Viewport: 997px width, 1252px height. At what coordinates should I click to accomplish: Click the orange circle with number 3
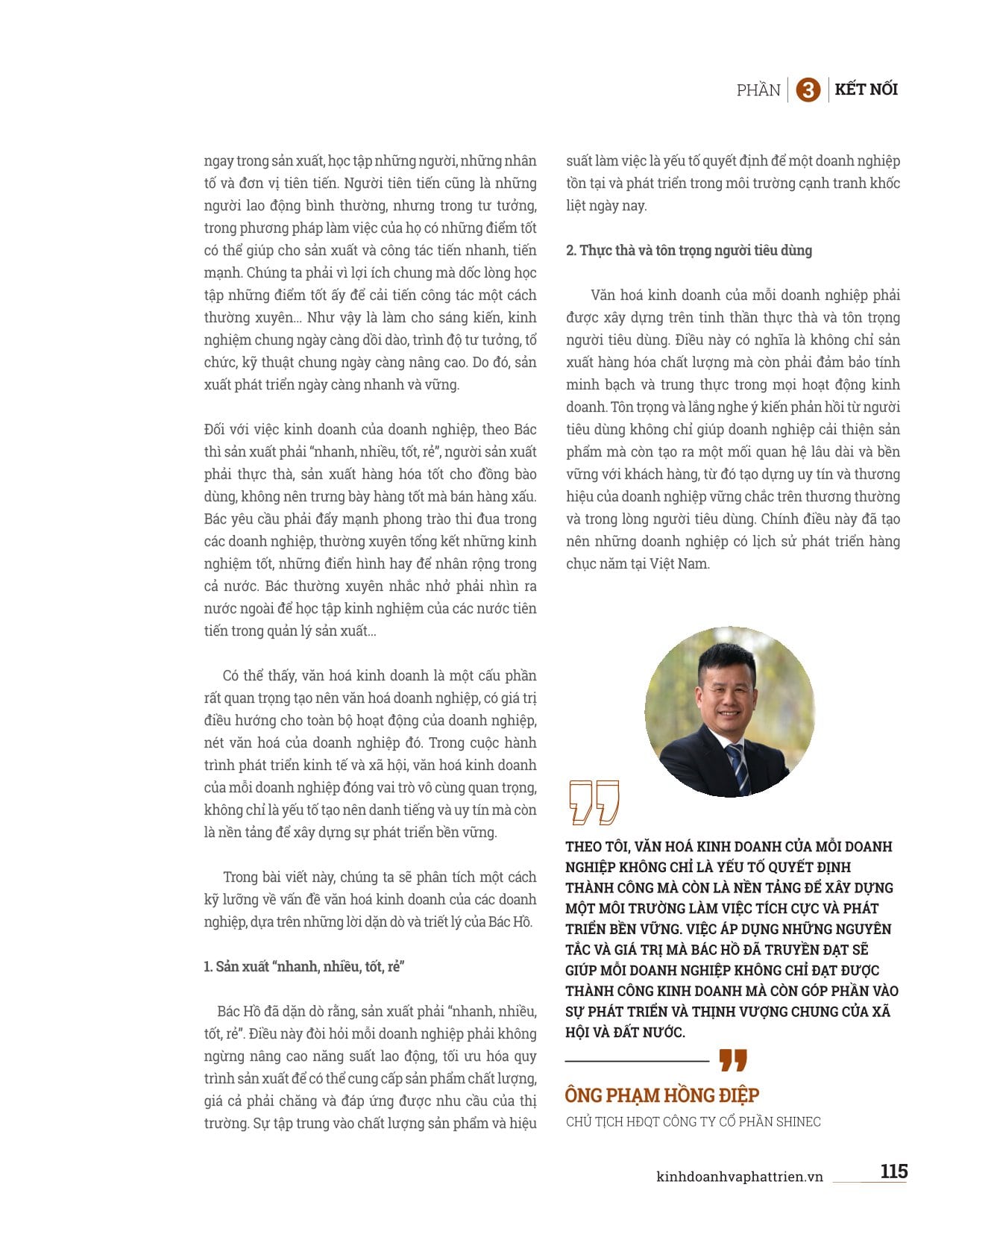(808, 90)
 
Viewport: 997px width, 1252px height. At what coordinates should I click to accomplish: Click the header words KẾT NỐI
(866, 90)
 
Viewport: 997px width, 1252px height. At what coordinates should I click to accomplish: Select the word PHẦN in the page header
(758, 90)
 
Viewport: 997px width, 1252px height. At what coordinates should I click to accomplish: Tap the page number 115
(893, 1171)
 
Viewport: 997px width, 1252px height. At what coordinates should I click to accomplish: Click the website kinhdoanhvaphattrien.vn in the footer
(739, 1177)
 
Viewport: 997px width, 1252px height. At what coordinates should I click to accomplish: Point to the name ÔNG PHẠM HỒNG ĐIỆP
(661, 1095)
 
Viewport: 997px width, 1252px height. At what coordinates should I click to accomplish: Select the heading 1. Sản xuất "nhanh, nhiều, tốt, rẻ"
(304, 966)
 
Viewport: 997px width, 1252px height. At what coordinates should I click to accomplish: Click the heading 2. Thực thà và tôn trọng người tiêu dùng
(688, 250)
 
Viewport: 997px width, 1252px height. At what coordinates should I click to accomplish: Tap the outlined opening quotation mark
(594, 802)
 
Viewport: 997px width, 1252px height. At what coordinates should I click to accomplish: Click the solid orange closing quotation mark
(733, 1059)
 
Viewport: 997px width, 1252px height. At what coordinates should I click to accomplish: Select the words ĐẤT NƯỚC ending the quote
(648, 1032)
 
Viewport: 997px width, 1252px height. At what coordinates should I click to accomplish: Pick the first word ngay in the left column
(218, 160)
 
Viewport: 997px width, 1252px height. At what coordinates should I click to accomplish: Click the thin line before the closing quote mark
(637, 1060)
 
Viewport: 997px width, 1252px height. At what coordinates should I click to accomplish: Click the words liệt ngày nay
(606, 205)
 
